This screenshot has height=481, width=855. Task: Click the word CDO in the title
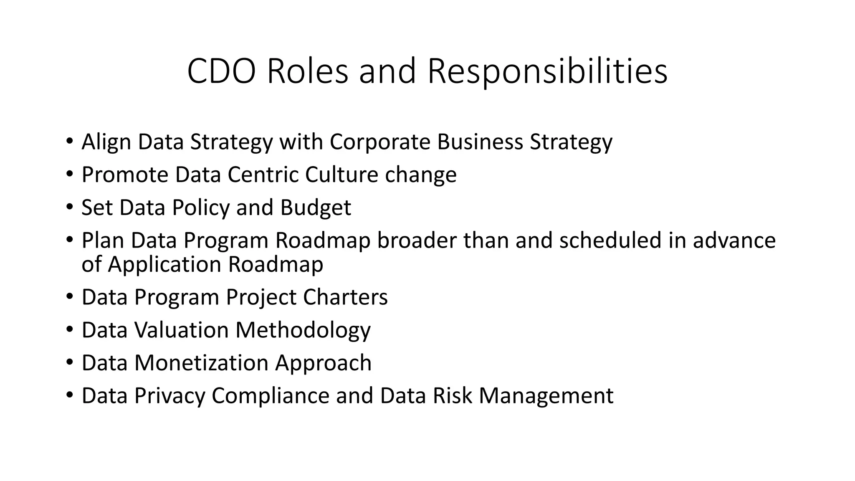click(221, 71)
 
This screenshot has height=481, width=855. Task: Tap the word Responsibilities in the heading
click(547, 71)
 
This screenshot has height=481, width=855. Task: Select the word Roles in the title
click(307, 71)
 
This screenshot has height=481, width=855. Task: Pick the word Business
click(480, 142)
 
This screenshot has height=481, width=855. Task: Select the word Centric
click(263, 175)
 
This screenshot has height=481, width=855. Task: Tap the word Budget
click(316, 208)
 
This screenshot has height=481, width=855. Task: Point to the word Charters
click(345, 297)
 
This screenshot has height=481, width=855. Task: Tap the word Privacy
click(169, 395)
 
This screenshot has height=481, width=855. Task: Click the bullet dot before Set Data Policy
click(69, 207)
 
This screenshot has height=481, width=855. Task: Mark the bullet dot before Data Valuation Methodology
click(69, 329)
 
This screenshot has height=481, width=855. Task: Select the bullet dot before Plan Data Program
click(69, 240)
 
